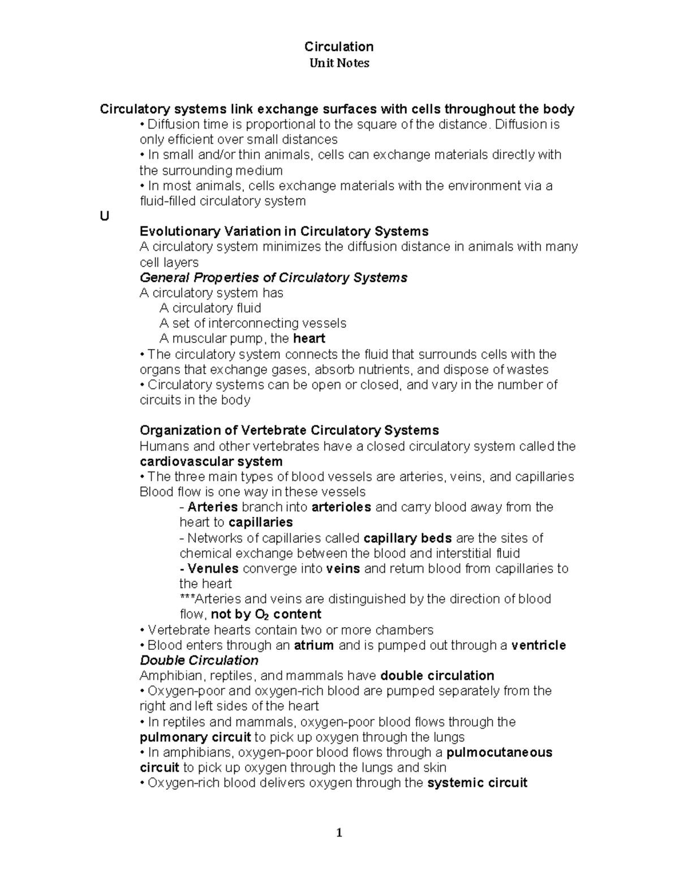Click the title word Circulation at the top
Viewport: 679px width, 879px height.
tap(339, 46)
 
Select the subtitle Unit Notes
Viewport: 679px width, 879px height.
tap(339, 63)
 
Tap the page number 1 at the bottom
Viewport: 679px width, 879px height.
tap(339, 832)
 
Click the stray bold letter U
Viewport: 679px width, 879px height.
tap(104, 216)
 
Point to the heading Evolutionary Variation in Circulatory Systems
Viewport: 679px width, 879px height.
tap(283, 231)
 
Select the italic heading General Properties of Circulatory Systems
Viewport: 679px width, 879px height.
tap(273, 277)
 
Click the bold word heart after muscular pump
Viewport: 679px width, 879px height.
tap(309, 338)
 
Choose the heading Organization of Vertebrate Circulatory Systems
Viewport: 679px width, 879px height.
tap(289, 431)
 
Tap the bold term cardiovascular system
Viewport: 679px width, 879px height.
tap(210, 461)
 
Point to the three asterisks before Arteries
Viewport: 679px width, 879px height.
tap(187, 599)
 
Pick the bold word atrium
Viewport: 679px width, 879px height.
tap(313, 645)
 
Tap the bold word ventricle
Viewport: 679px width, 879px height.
tap(538, 645)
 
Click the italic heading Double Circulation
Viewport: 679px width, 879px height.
tap(199, 661)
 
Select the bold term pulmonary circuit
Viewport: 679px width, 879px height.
tap(195, 737)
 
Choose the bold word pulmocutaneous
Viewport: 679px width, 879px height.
tap(499, 753)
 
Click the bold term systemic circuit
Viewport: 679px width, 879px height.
tap(477, 783)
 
